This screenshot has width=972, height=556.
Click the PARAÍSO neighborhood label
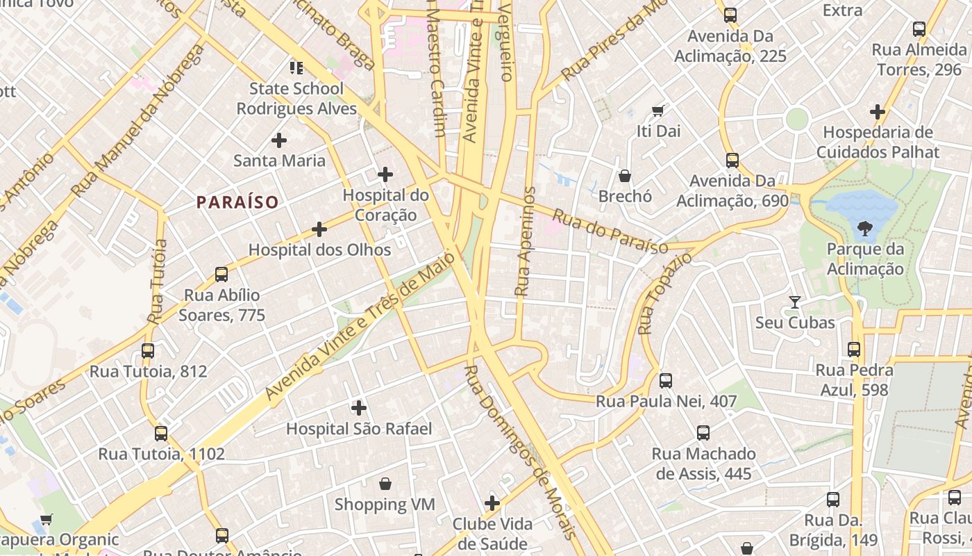(237, 202)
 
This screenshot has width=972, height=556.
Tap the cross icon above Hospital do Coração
(385, 174)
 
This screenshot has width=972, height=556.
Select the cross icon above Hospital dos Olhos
(319, 229)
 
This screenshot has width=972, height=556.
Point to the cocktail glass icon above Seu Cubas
(795, 302)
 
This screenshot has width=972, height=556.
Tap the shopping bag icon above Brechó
(625, 176)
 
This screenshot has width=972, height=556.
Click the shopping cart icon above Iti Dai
(657, 111)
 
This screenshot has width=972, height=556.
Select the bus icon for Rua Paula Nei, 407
(665, 380)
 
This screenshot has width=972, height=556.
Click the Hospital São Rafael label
(359, 429)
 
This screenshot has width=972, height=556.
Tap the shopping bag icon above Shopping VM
(385, 483)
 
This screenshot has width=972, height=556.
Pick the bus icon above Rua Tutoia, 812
(148, 350)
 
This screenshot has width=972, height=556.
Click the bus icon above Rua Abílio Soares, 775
(221, 275)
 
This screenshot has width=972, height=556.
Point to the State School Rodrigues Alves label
(296, 99)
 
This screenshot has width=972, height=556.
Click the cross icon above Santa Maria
(279, 140)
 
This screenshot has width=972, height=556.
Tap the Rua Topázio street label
(664, 294)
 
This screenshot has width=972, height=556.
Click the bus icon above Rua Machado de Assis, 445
(703, 433)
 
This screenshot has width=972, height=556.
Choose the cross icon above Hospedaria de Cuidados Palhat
(878, 111)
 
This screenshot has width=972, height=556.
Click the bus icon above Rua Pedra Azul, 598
(854, 350)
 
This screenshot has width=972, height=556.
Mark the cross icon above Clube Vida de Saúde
(492, 502)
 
